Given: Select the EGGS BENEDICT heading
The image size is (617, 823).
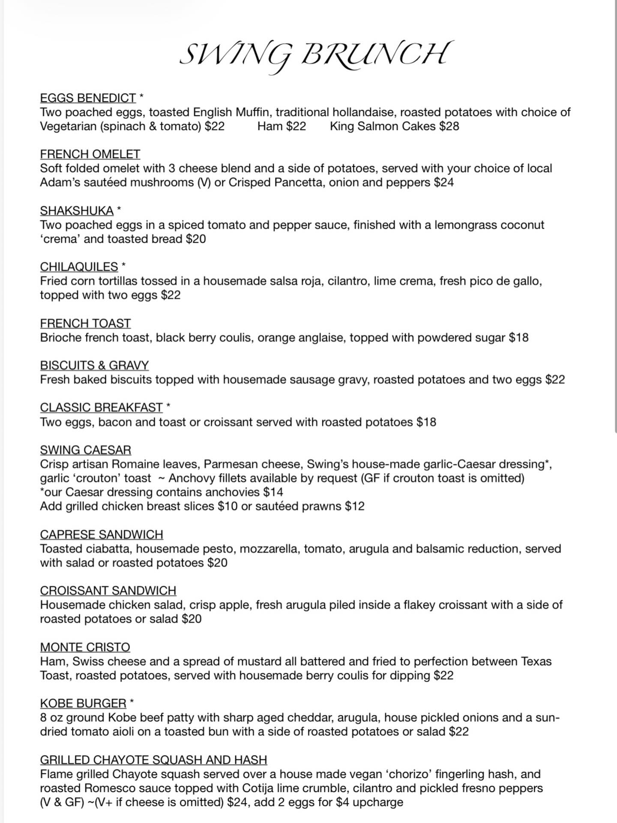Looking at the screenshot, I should pos(88,98).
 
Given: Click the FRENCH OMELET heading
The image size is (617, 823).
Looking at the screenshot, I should pos(90,154).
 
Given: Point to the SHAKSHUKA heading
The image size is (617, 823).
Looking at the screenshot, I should pos(77,211).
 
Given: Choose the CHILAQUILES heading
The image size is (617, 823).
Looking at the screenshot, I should pos(79,267).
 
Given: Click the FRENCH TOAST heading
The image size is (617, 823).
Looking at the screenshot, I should pos(85,323).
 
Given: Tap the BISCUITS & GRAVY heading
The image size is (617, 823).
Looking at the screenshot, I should pos(94,365).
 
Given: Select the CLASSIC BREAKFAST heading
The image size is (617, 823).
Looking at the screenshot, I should pos(101,407).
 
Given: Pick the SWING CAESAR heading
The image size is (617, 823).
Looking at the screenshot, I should pos(86,450).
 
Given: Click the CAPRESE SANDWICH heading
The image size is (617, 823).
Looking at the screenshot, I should pos(102,535).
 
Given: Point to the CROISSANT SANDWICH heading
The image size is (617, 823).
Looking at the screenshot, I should pos(108,591).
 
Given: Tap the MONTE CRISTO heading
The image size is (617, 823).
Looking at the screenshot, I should pos(85,647).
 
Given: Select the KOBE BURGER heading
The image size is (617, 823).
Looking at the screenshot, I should pos(83,703).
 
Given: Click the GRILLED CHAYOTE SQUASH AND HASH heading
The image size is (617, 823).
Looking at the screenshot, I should pos(153,760).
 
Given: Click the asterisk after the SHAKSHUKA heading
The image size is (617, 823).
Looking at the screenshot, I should pos(119,210).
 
